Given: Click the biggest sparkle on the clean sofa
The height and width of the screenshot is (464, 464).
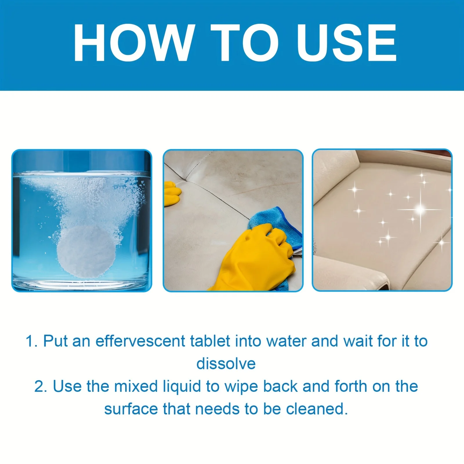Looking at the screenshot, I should pos(420,209).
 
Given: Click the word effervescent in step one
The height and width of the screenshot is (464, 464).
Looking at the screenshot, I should pos(140,341).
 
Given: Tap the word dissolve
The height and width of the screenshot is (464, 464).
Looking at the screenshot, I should pos(226,364).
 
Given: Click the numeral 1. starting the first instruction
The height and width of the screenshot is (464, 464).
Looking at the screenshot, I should pos(32,341).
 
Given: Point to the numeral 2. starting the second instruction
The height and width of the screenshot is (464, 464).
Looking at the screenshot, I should pos(41,387).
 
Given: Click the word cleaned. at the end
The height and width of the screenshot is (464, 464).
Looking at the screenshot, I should pos(317,409).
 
